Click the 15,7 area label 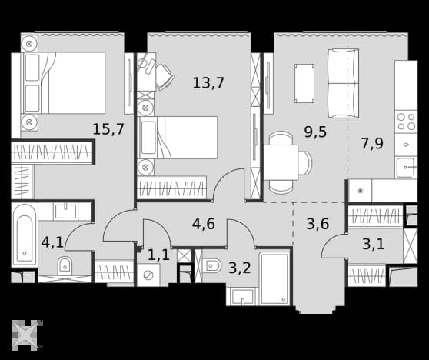108,129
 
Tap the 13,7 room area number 208,82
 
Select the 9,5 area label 315,132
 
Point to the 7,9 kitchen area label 372,143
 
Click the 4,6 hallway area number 204,224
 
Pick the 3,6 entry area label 318,224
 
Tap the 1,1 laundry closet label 158,255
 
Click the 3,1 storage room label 374,244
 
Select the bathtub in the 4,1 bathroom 25,235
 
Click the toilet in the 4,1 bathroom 65,265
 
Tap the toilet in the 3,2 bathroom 212,265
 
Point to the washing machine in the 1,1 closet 148,275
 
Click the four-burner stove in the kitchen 406,122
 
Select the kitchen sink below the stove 406,167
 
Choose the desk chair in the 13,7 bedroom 165,77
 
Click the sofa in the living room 344,84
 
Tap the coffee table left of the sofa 304,84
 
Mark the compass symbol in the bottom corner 25,335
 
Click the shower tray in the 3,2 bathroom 274,278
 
